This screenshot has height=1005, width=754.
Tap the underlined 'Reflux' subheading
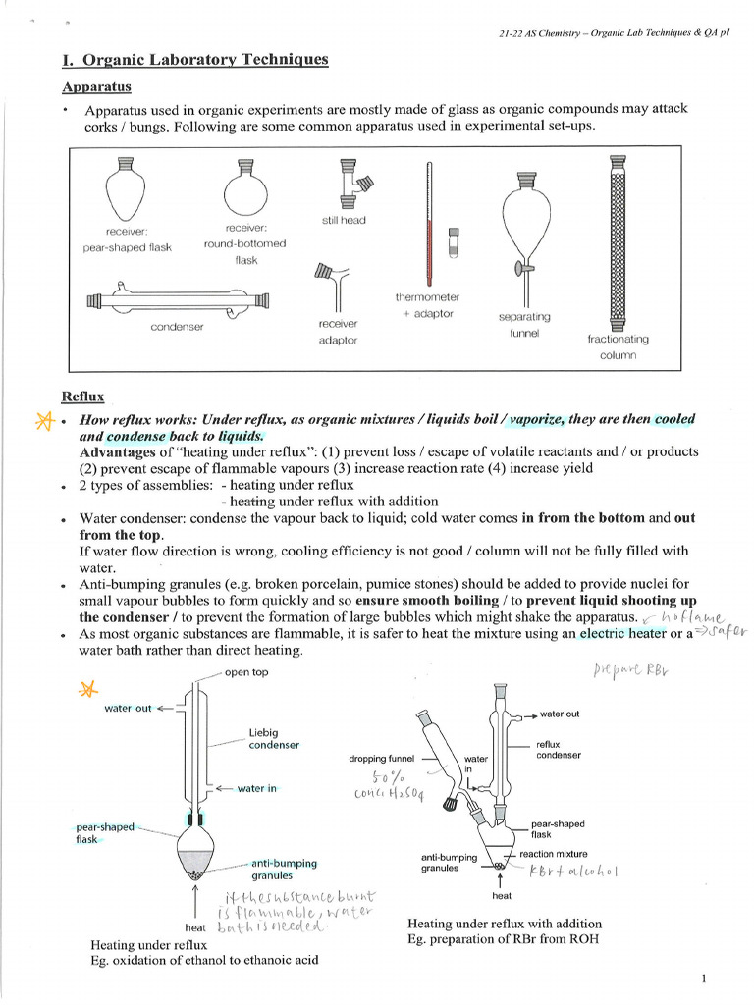click(x=82, y=397)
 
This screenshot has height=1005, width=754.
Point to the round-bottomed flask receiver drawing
click(x=244, y=186)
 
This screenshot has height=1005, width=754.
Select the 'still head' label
click(x=344, y=220)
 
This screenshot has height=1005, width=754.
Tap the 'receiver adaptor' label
click(x=338, y=332)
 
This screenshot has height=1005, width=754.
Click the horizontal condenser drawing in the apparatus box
click(x=178, y=299)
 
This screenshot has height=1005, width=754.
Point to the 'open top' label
click(x=246, y=672)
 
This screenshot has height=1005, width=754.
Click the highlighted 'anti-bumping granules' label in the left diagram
click(x=284, y=869)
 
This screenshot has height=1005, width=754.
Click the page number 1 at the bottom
click(x=706, y=979)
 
